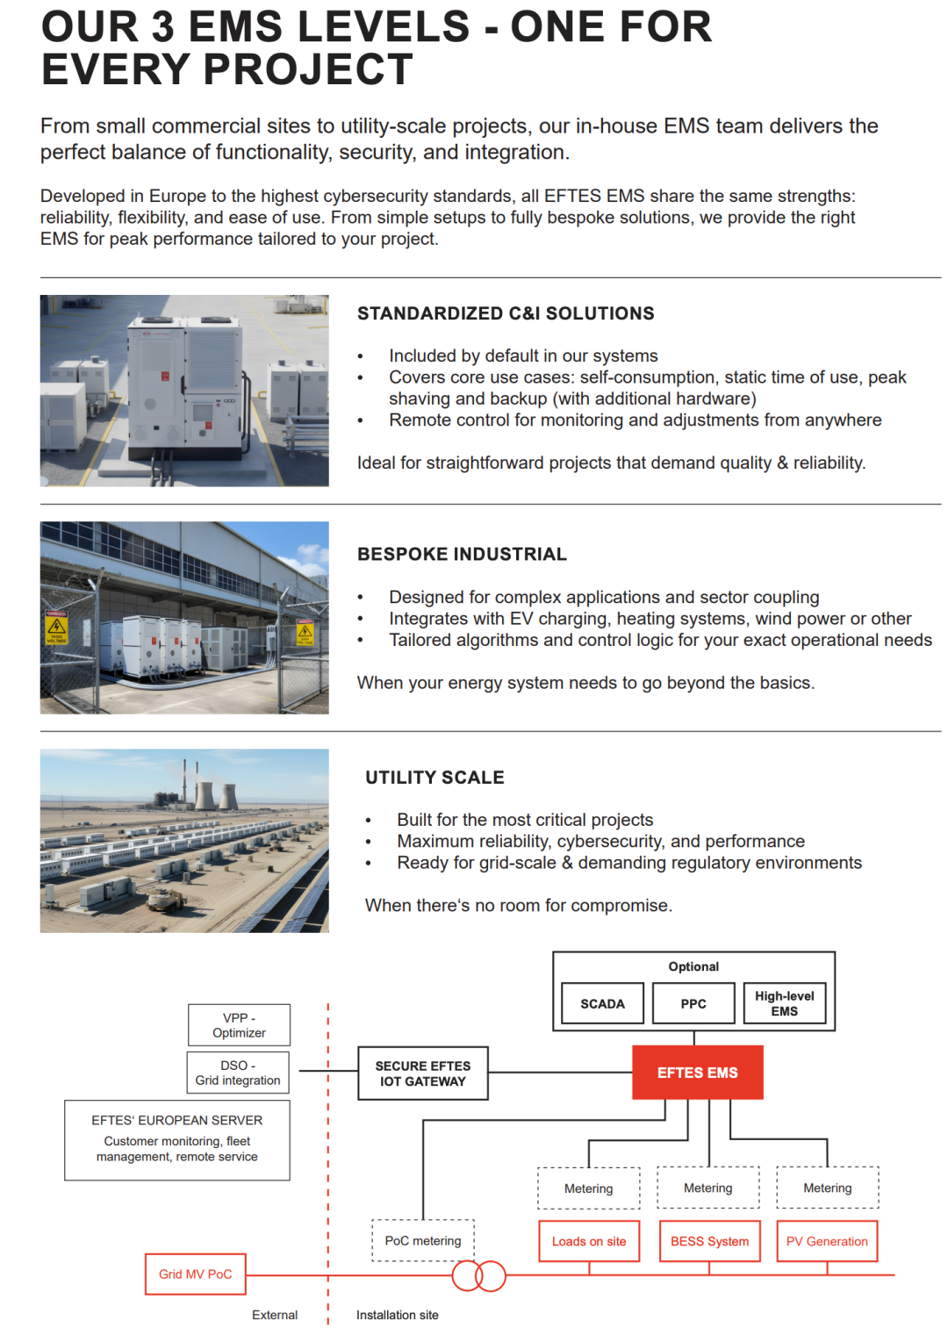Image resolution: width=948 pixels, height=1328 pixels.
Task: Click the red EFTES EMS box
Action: pyautogui.click(x=697, y=1072)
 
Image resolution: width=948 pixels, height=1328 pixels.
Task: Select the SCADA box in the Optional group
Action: pyautogui.click(x=602, y=1003)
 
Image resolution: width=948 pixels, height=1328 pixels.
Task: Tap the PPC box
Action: pyautogui.click(x=693, y=1003)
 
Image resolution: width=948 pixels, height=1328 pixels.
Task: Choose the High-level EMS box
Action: pyautogui.click(x=784, y=1003)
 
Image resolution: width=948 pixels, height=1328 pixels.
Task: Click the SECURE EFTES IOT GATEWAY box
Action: pyautogui.click(x=422, y=1073)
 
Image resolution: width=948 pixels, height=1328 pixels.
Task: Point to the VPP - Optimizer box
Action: pyautogui.click(x=239, y=1025)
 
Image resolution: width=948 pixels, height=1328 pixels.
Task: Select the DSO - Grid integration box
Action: pyautogui.click(x=238, y=1073)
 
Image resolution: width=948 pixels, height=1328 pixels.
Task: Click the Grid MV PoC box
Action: pyautogui.click(x=195, y=1274)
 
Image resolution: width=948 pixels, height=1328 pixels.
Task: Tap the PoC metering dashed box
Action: pyautogui.click(x=422, y=1240)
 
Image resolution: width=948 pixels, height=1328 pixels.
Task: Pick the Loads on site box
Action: pyautogui.click(x=589, y=1241)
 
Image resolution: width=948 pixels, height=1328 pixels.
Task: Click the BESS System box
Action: pyautogui.click(x=709, y=1241)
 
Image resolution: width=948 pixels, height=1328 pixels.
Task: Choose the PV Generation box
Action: pyautogui.click(x=827, y=1241)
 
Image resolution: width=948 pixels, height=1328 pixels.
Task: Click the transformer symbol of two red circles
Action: pyautogui.click(x=479, y=1275)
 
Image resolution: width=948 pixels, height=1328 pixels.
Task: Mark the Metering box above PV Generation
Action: pyautogui.click(x=827, y=1188)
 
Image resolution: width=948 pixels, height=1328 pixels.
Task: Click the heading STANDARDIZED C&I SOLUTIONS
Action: pyautogui.click(x=506, y=313)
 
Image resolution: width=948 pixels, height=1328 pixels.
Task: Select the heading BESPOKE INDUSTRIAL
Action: pyautogui.click(x=462, y=554)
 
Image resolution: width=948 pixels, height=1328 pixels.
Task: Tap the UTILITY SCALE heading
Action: pyautogui.click(x=434, y=777)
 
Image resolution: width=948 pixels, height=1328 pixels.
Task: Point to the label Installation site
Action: pyautogui.click(x=397, y=1315)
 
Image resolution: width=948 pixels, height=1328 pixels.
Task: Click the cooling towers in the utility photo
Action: pyautogui.click(x=215, y=794)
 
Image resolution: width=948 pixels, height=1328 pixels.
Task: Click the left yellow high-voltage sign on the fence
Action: pyautogui.click(x=56, y=627)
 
